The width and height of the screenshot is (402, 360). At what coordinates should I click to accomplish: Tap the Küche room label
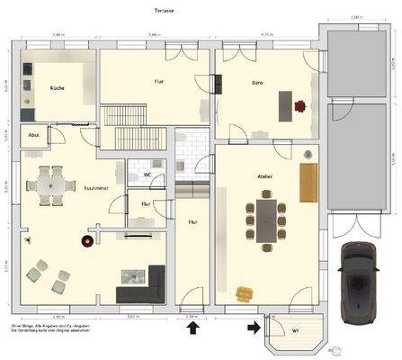coord(57,88)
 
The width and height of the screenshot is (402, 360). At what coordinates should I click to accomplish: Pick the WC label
coord(146,174)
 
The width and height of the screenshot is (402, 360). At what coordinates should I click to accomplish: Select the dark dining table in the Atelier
coord(267,220)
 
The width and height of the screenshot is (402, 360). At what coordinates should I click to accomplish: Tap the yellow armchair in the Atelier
coord(244,293)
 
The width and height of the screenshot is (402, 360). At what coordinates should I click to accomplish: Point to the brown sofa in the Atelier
coord(308,181)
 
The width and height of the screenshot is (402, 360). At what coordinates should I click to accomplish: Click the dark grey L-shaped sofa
coord(144,287)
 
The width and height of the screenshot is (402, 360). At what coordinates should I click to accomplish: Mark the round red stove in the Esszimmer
coord(88,241)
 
